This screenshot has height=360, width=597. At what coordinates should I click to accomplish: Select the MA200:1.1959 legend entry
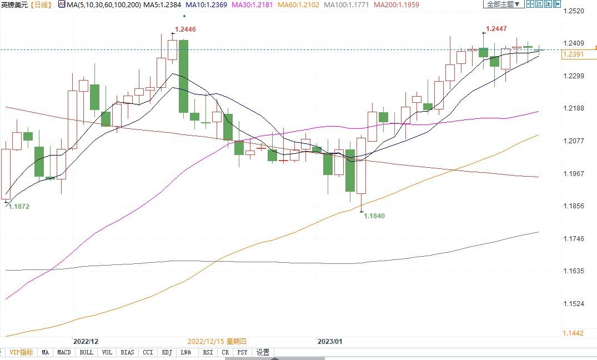tap(397, 4)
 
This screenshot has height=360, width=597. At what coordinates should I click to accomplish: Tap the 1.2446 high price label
tap(185, 29)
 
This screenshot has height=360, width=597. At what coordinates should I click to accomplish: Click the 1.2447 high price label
tap(496, 28)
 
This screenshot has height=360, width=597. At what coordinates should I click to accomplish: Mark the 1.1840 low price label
tap(374, 216)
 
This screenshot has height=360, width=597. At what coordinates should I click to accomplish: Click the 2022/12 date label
tap(86, 342)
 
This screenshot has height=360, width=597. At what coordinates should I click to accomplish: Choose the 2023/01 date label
tap(330, 342)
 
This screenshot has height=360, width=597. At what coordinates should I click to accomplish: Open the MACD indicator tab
tap(64, 352)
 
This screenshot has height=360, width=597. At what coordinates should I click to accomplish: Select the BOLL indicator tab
tap(86, 352)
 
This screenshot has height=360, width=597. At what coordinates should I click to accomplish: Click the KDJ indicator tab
tap(167, 352)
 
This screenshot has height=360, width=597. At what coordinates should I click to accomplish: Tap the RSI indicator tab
tap(208, 352)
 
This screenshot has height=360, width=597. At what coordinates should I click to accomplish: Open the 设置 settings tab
tap(263, 352)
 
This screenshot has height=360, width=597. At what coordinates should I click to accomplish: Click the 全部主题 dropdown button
tap(503, 4)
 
